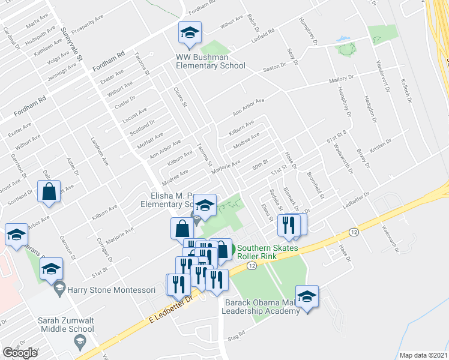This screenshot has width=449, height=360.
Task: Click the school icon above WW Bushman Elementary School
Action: [190, 32]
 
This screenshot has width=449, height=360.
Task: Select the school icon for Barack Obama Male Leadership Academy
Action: [307, 297]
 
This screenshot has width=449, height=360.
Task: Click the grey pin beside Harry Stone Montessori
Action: [59, 290]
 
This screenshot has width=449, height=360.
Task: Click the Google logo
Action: [20, 352]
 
